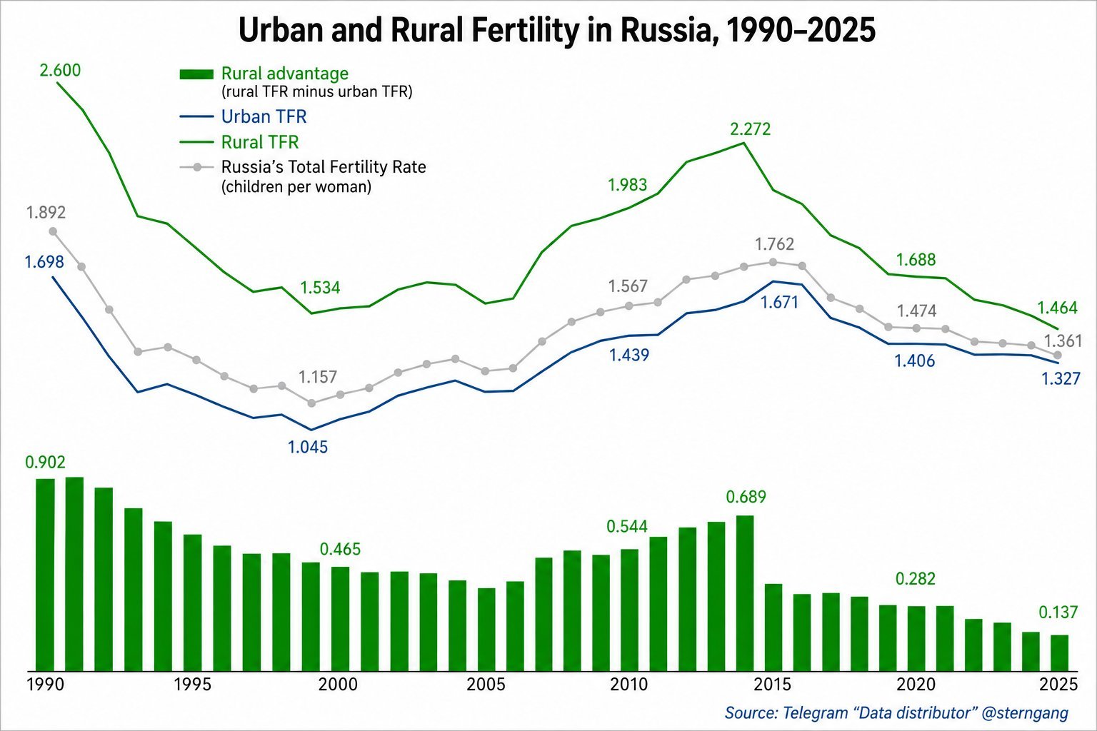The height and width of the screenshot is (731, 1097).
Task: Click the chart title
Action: pyautogui.click(x=557, y=31)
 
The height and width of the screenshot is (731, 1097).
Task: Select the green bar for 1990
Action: pyautogui.click(x=46, y=575)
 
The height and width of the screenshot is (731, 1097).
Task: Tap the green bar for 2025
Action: pyautogui.click(x=1060, y=652)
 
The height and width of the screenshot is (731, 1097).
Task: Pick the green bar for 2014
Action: pyautogui.click(x=745, y=593)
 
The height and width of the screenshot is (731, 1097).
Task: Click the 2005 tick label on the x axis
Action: pyautogui.click(x=485, y=684)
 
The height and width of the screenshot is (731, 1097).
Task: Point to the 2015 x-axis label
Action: pyautogui.click(x=772, y=684)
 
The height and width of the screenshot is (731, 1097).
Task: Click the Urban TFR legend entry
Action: pyautogui.click(x=244, y=116)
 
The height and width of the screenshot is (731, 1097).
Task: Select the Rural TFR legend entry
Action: pyautogui.click(x=239, y=142)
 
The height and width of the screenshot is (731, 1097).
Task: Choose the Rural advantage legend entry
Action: pyautogui.click(x=296, y=82)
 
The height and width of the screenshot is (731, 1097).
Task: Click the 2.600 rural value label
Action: pyautogui.click(x=60, y=71)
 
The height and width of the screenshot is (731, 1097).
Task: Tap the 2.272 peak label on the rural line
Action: pyautogui.click(x=751, y=129)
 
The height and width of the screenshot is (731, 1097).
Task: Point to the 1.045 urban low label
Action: pyautogui.click(x=308, y=447)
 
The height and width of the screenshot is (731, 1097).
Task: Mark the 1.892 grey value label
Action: pyautogui.click(x=46, y=213)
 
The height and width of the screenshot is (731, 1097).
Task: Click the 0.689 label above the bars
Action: pyautogui.click(x=746, y=497)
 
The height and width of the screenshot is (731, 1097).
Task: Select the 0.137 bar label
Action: pyautogui.click(x=1058, y=612)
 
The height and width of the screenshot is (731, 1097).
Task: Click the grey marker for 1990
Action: pyautogui.click(x=53, y=231)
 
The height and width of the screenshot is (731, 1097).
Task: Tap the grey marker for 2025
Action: pyautogui.click(x=1057, y=355)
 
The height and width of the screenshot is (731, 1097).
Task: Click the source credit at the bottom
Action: pyautogui.click(x=897, y=712)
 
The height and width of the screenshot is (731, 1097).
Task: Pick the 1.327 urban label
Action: pyautogui.click(x=1061, y=378)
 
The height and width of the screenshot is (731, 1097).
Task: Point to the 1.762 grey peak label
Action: pyautogui.click(x=774, y=244)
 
